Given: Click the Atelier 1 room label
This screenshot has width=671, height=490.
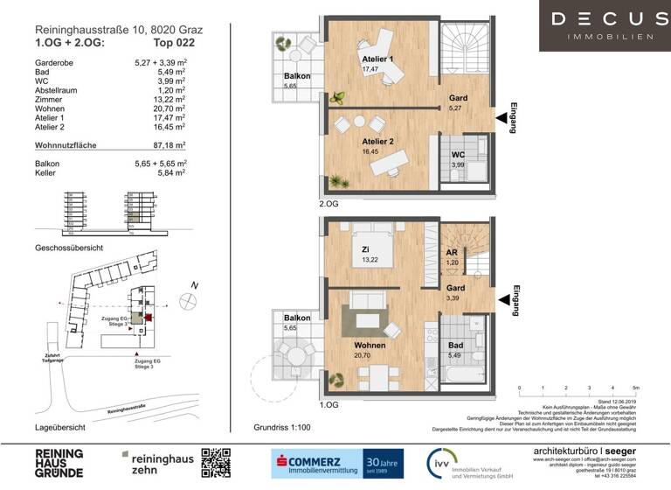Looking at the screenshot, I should pos(378,59).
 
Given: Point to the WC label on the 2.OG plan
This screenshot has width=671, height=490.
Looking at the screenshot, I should pos(457,155).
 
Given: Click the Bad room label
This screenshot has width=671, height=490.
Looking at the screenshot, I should pos(456,346).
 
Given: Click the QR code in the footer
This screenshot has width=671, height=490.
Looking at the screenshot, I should pos(216,461).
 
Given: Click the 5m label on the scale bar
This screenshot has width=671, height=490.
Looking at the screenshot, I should pos(636,387).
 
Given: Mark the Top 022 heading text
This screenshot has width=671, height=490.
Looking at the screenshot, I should pos(174,41).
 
